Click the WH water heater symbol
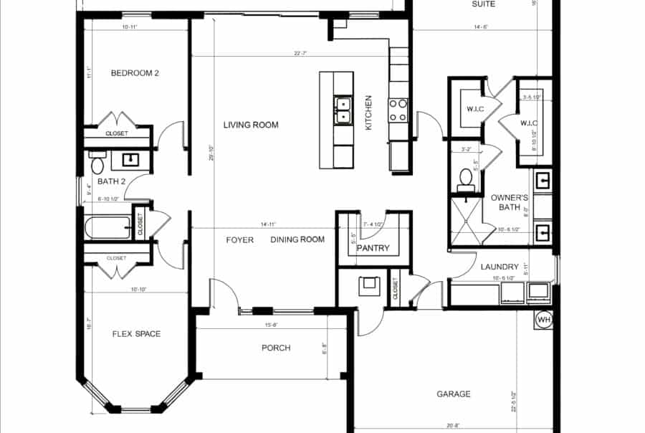point(543,319)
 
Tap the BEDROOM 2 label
point(135,72)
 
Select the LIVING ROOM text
point(250,125)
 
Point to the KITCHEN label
point(369,113)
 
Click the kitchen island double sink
point(343,110)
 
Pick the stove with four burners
point(398,110)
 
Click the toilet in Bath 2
point(97,165)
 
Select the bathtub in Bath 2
point(108,228)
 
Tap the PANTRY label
point(373,249)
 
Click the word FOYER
point(239,239)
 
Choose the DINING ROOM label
point(297,239)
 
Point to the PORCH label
point(276,348)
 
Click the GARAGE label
point(454,394)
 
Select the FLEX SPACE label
point(136,333)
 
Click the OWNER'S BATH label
point(510,202)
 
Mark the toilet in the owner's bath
point(465,176)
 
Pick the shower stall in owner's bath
point(465,222)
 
